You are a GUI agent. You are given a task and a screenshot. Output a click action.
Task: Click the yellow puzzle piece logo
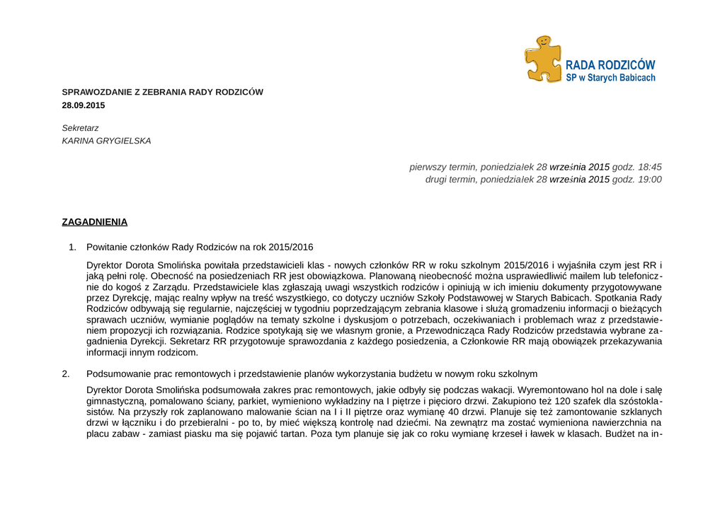click(542, 59)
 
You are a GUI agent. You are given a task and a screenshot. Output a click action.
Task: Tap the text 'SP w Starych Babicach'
click(610, 78)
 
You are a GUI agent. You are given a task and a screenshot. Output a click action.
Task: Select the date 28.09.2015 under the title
click(84, 105)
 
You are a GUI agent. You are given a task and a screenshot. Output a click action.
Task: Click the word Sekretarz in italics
click(81, 128)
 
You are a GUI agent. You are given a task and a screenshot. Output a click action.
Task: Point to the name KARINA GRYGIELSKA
click(107, 141)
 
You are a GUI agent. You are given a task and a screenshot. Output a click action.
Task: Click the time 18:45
click(650, 167)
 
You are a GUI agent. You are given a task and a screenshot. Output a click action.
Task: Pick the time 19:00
click(650, 180)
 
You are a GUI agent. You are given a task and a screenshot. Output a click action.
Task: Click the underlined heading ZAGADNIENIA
click(95, 222)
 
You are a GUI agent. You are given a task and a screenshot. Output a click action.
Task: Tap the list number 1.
click(72, 248)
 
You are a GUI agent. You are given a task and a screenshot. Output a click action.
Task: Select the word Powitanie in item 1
click(105, 248)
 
